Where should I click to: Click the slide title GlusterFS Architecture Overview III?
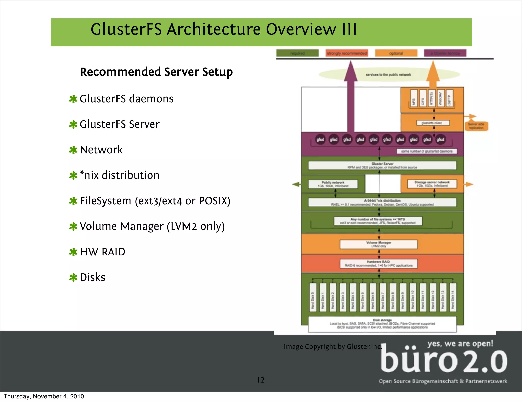coord(224,29)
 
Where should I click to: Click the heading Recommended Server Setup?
coord(156,72)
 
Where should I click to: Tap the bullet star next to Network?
coord(73,150)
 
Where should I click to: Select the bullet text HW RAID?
coord(102,252)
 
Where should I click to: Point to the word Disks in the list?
coord(92,277)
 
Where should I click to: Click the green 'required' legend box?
coord(297,53)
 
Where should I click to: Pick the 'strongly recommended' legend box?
coord(347,53)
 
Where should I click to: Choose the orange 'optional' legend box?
coord(396,53)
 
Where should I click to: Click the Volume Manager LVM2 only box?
coord(379,244)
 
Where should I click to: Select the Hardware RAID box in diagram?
coord(379,263)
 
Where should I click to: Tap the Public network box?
coord(333,184)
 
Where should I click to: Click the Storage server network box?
coord(432,184)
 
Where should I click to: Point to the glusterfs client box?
coord(433,123)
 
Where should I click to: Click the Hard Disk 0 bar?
coord(313,297)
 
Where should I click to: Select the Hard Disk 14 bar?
coord(453,297)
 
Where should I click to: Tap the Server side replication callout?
coord(476,126)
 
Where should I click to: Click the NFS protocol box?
coord(414,98)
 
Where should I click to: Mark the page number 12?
coord(261,380)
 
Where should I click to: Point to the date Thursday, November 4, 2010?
coord(44,396)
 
